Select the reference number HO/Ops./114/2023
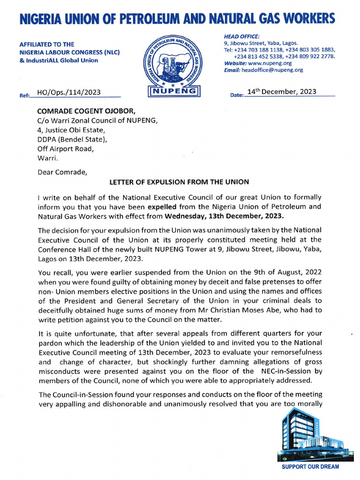tap(68, 93)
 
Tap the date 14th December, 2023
tap(281, 92)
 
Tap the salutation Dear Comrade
tap(62, 172)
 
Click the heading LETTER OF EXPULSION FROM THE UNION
tap(179, 182)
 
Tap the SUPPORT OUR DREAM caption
tap(310, 467)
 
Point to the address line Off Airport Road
tap(66, 149)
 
